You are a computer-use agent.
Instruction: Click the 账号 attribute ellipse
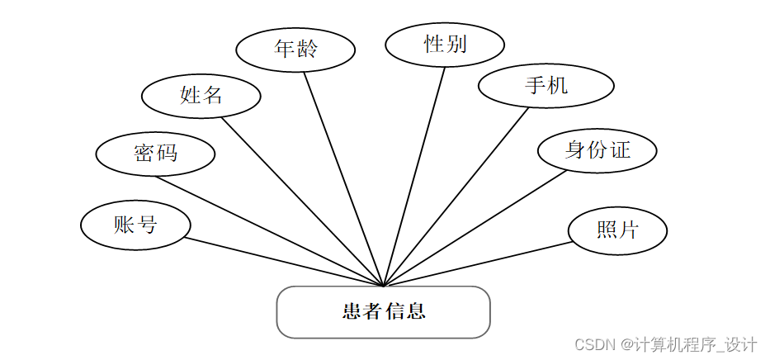pos(135,225)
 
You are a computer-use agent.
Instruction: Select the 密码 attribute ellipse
pos(155,153)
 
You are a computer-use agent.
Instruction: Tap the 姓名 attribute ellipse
pos(201,96)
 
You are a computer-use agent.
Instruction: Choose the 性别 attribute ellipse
pos(444,44)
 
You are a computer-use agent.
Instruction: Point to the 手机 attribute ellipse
pos(546,86)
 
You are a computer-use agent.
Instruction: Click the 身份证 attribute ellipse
pos(597,150)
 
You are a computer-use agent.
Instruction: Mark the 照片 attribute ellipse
pos(617,230)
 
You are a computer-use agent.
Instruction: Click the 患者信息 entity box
pos(383,312)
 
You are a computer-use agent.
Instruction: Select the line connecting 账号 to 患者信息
pos(284,263)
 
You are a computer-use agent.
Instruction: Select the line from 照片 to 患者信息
pos(477,264)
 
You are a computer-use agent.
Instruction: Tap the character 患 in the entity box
pos(352,312)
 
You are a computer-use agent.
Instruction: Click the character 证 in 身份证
pos(620,150)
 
